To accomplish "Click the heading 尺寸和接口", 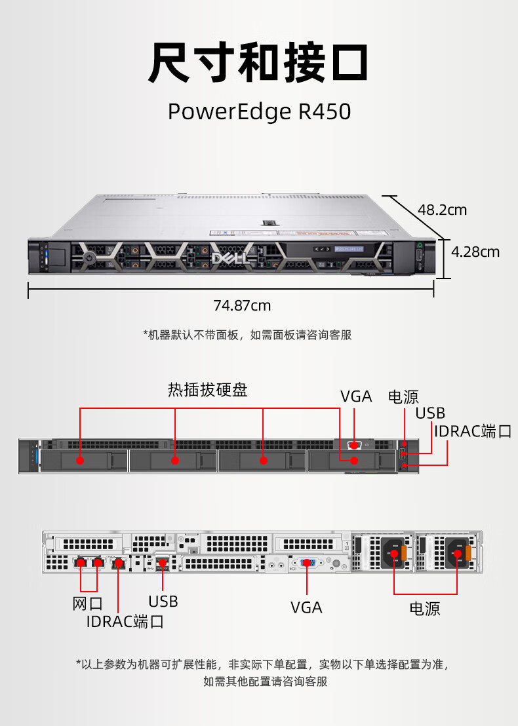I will (x=258, y=64).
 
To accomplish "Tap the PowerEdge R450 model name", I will (x=259, y=111).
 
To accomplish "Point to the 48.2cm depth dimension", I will (x=442, y=210).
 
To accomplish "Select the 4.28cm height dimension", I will (x=475, y=252).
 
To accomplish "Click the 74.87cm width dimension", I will (x=242, y=305).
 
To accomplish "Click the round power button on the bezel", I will (x=89, y=258).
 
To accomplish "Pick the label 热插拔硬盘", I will (x=208, y=391).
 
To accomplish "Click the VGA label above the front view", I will (x=356, y=396).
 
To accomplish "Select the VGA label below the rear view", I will (x=306, y=607).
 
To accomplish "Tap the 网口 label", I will (x=87, y=603).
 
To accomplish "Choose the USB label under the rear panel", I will (x=163, y=601).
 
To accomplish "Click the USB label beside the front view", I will (x=430, y=413).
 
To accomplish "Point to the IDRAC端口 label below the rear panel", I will (x=125, y=621).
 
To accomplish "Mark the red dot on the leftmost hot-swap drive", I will (x=80, y=460).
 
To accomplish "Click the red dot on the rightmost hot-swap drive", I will (x=354, y=460).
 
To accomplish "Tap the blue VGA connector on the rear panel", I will (x=308, y=563).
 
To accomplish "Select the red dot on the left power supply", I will (x=394, y=554).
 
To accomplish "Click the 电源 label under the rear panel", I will (x=425, y=609).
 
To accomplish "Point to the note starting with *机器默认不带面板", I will (x=247, y=335).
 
